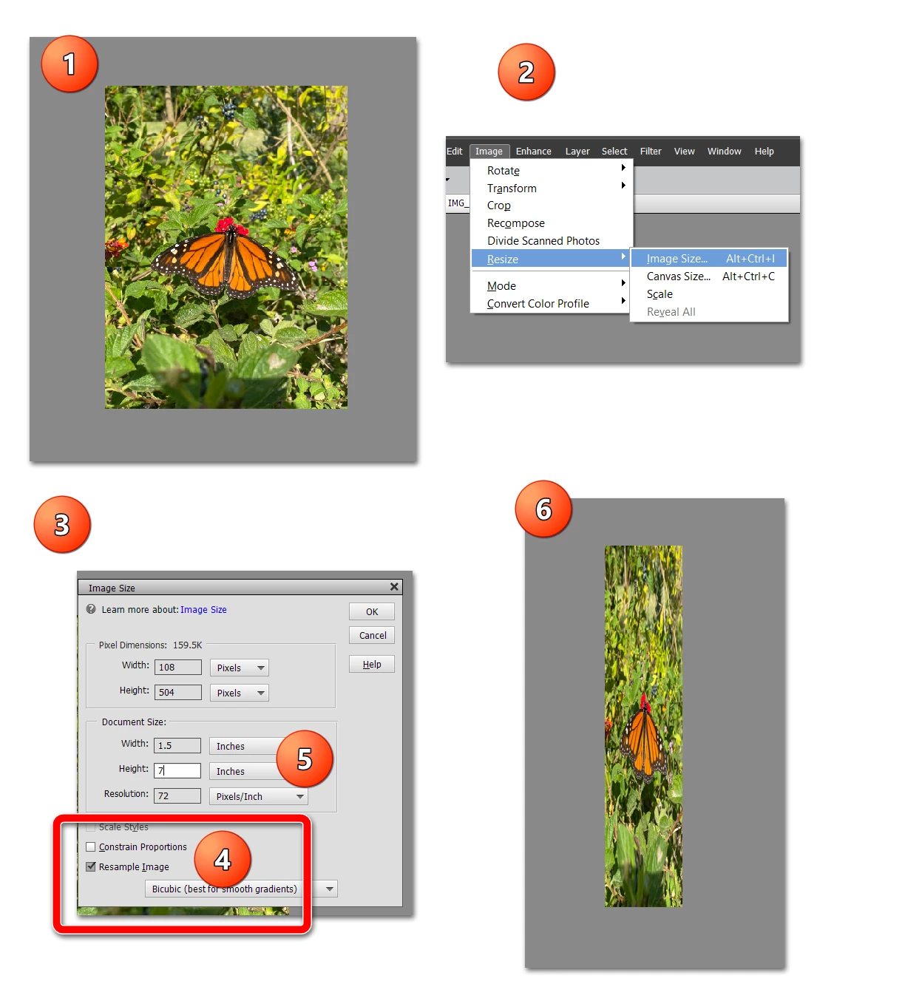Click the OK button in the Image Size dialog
pos(371,611)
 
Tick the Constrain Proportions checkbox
pos(91,846)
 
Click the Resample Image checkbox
pos(91,866)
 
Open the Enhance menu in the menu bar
pos(533,152)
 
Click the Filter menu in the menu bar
pos(651,152)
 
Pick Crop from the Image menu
pos(498,206)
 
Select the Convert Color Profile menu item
pos(538,304)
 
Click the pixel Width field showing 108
pos(177,667)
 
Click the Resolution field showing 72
pos(177,796)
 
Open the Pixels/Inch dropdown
pos(258,796)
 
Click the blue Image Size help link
pos(203,609)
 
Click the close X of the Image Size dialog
pos(394,587)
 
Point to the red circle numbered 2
pos(526,72)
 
